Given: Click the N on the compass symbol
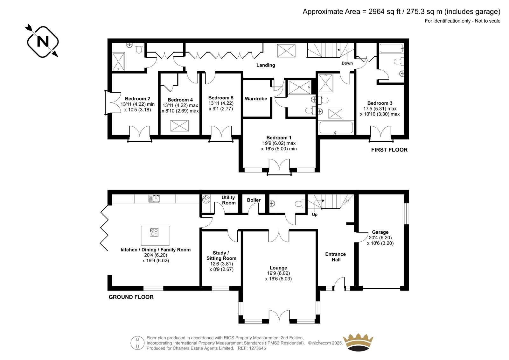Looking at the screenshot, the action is (x=43, y=42).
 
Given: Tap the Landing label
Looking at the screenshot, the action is (x=266, y=65).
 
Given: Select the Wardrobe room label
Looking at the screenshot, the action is (x=256, y=99).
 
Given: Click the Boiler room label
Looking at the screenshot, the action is (x=254, y=200).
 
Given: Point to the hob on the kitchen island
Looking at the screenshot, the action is (x=154, y=232).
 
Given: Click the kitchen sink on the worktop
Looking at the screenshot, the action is (x=154, y=198).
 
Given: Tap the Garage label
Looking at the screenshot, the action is (x=380, y=232).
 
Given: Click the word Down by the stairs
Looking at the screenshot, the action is (x=347, y=63).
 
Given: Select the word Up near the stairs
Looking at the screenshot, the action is (x=315, y=215).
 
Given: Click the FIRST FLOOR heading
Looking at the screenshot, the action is (x=389, y=150).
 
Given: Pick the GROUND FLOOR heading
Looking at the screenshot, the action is (x=131, y=297).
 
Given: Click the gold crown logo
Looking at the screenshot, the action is (x=358, y=342).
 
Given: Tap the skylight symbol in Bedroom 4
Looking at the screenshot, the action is (x=179, y=126).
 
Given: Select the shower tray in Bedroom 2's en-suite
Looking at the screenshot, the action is (x=118, y=61).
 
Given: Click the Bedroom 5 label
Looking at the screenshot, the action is (x=221, y=98).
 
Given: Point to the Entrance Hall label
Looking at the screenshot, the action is (x=336, y=257).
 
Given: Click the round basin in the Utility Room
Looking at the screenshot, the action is (x=206, y=199).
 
